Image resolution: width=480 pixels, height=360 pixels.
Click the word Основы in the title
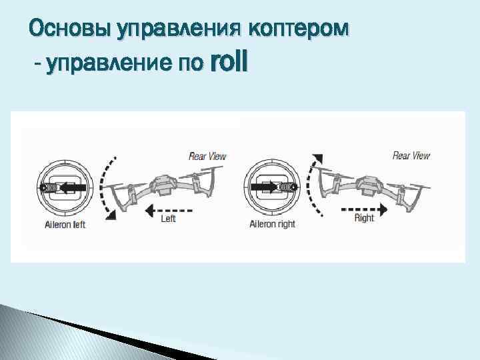(70, 29)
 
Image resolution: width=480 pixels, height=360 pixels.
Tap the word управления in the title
(179, 29)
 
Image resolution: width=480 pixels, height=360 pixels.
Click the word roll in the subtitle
(228, 63)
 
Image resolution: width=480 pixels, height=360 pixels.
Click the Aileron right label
(272, 225)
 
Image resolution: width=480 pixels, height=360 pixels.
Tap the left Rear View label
(207, 156)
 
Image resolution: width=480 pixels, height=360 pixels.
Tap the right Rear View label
(411, 155)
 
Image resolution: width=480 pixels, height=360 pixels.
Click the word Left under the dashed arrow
(169, 219)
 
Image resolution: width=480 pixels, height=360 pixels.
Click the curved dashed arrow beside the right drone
(313, 187)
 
